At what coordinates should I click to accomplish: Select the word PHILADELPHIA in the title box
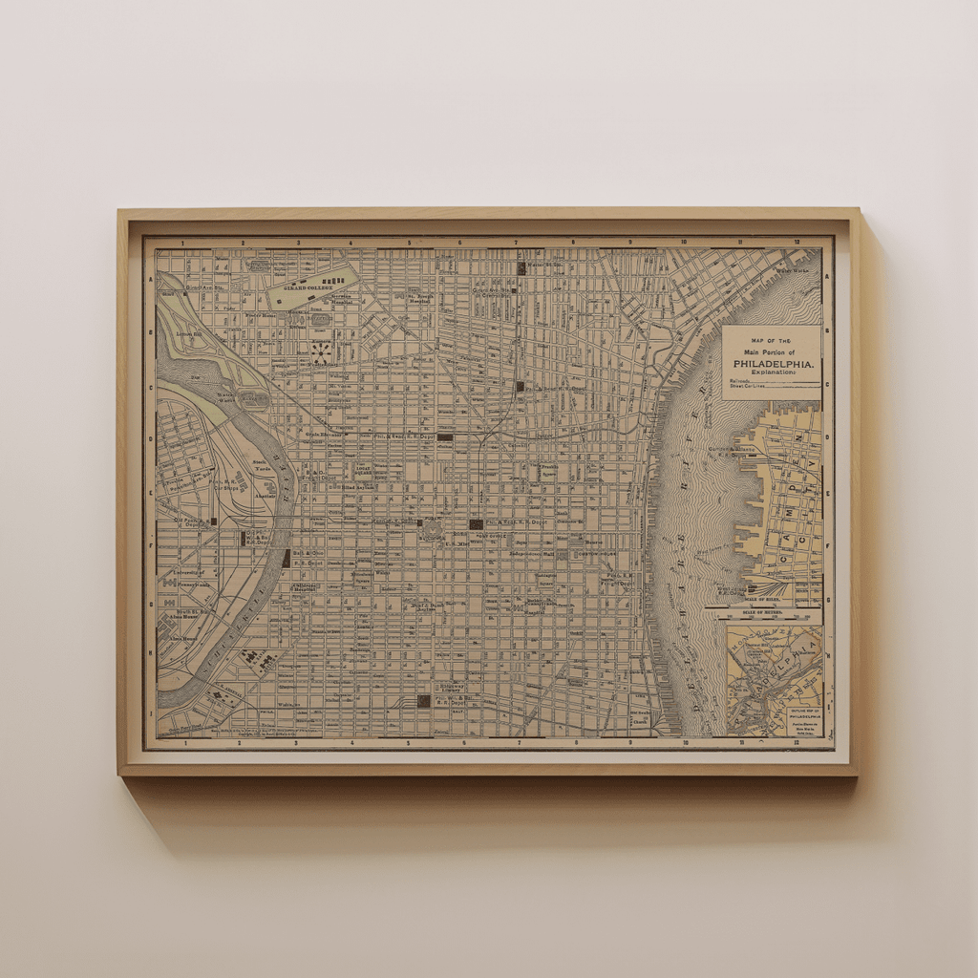click(771, 364)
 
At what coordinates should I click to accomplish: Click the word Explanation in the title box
click(771, 373)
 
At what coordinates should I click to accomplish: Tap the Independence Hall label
click(532, 553)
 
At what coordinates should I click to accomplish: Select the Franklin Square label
click(549, 470)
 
